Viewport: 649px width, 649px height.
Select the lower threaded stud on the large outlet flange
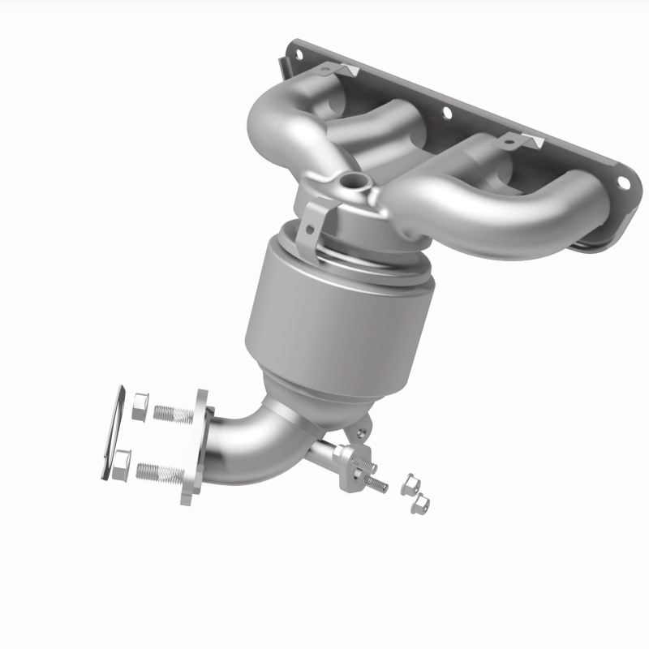[158, 471]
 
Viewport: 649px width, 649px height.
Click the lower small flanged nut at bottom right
[420, 505]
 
